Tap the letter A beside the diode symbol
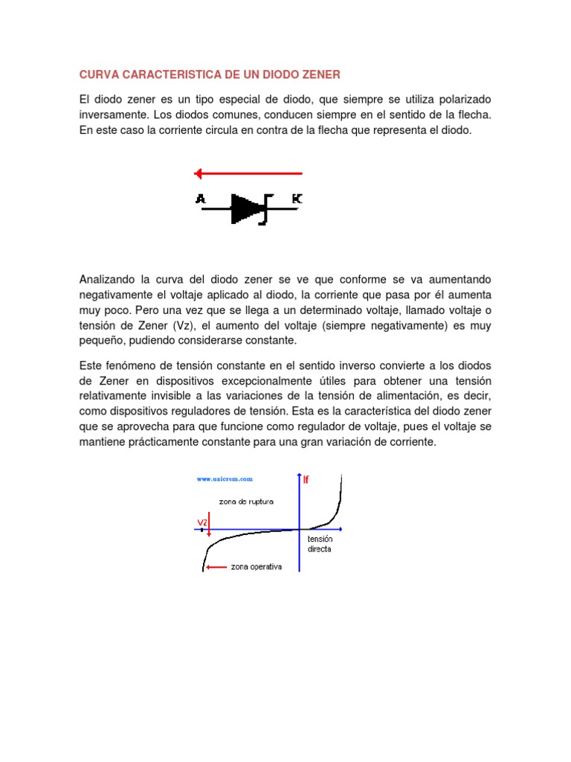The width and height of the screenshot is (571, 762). [x=200, y=198]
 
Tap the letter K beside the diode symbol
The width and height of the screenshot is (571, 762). [x=297, y=198]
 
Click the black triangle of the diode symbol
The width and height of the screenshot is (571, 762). [x=245, y=209]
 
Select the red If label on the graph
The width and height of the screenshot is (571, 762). [x=306, y=480]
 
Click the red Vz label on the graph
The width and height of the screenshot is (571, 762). [x=201, y=521]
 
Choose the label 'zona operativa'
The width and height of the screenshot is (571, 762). [x=257, y=567]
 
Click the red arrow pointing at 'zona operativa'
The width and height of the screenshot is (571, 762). [x=216, y=567]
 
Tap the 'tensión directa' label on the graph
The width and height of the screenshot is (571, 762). [x=320, y=544]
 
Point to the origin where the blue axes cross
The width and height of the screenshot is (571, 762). [x=300, y=530]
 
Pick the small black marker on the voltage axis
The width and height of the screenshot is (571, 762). [x=202, y=530]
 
